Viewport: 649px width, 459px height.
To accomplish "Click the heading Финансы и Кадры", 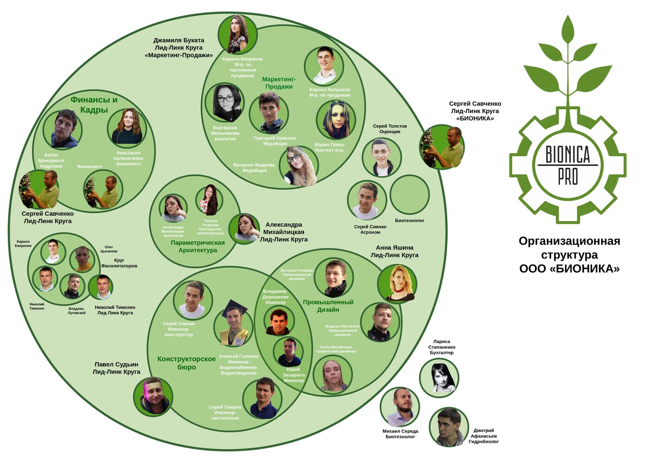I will (x=94, y=105).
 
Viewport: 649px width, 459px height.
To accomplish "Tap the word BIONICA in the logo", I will (x=567, y=154).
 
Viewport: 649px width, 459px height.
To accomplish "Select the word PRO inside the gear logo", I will (x=568, y=177).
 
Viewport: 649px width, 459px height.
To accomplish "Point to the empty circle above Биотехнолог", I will (x=409, y=195).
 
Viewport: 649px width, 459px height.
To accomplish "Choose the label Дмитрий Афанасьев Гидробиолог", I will (x=484, y=436).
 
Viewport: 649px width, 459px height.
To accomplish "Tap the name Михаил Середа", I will (x=400, y=431).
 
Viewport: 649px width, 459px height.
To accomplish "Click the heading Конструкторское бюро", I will (x=186, y=363).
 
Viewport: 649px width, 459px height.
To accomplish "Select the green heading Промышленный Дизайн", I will (x=328, y=306).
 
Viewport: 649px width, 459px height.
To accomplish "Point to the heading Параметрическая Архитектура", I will (x=198, y=247).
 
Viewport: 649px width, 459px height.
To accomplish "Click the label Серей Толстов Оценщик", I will (x=390, y=129).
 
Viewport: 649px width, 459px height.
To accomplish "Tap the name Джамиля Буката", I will (x=179, y=40).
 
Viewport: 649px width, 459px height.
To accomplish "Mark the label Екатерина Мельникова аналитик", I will (x=225, y=133).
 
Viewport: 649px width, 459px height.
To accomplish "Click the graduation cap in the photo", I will (x=234, y=308).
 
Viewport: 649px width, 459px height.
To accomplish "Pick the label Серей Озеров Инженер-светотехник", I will (x=225, y=413).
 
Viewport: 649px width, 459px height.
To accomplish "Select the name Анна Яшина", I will (x=394, y=248).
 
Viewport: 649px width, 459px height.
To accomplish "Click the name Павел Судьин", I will (x=116, y=364).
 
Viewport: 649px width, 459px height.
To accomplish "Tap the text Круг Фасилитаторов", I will (x=119, y=263).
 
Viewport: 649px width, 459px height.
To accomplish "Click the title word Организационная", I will (x=569, y=241).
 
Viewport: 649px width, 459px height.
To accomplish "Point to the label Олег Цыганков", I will (x=109, y=249).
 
